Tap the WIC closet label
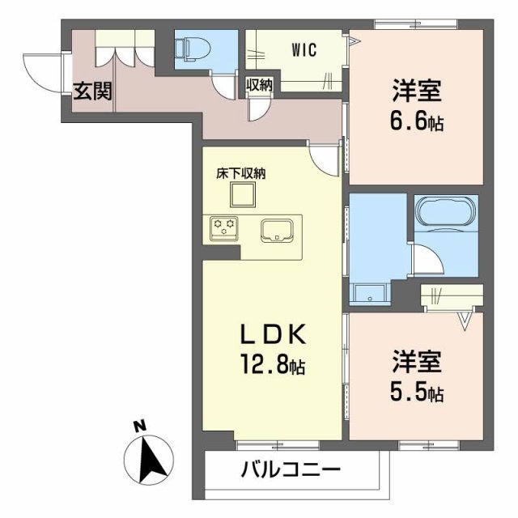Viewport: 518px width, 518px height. tap(304, 49)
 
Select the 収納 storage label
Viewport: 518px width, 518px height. tap(259, 83)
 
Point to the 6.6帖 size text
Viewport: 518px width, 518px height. tap(418, 124)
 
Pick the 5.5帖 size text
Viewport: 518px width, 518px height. tap(418, 393)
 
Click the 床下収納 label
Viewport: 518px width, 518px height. tap(240, 172)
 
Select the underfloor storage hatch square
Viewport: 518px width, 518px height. tap(242, 195)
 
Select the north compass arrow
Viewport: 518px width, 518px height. tap(151, 460)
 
